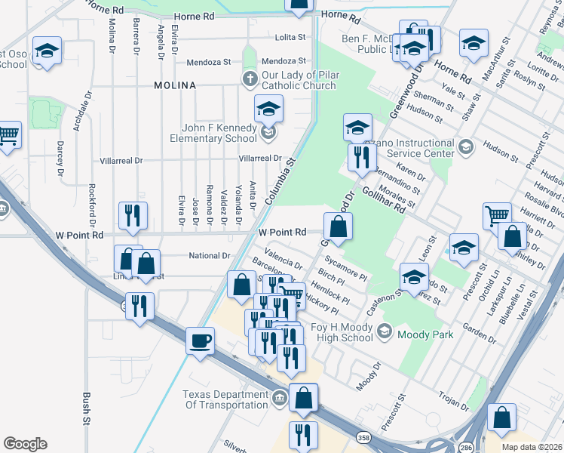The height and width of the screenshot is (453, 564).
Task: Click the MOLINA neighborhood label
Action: [x=175, y=85]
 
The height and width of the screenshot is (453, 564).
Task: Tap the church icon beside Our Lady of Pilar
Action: [x=250, y=79]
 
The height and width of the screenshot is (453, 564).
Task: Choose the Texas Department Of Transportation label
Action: [x=225, y=399]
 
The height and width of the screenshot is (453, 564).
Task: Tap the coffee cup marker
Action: [x=201, y=341]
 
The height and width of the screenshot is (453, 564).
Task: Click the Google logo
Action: [x=25, y=444]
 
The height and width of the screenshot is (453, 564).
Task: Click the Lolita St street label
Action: [x=290, y=36]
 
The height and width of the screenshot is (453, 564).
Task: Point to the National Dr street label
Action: [x=209, y=256]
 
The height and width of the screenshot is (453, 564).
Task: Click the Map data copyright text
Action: [x=532, y=445]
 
